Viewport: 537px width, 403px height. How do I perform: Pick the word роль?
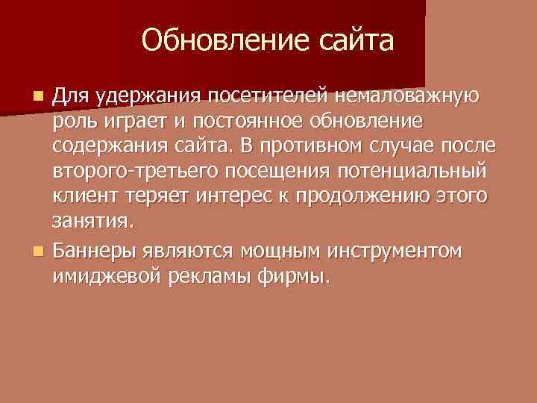coord(72,122)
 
